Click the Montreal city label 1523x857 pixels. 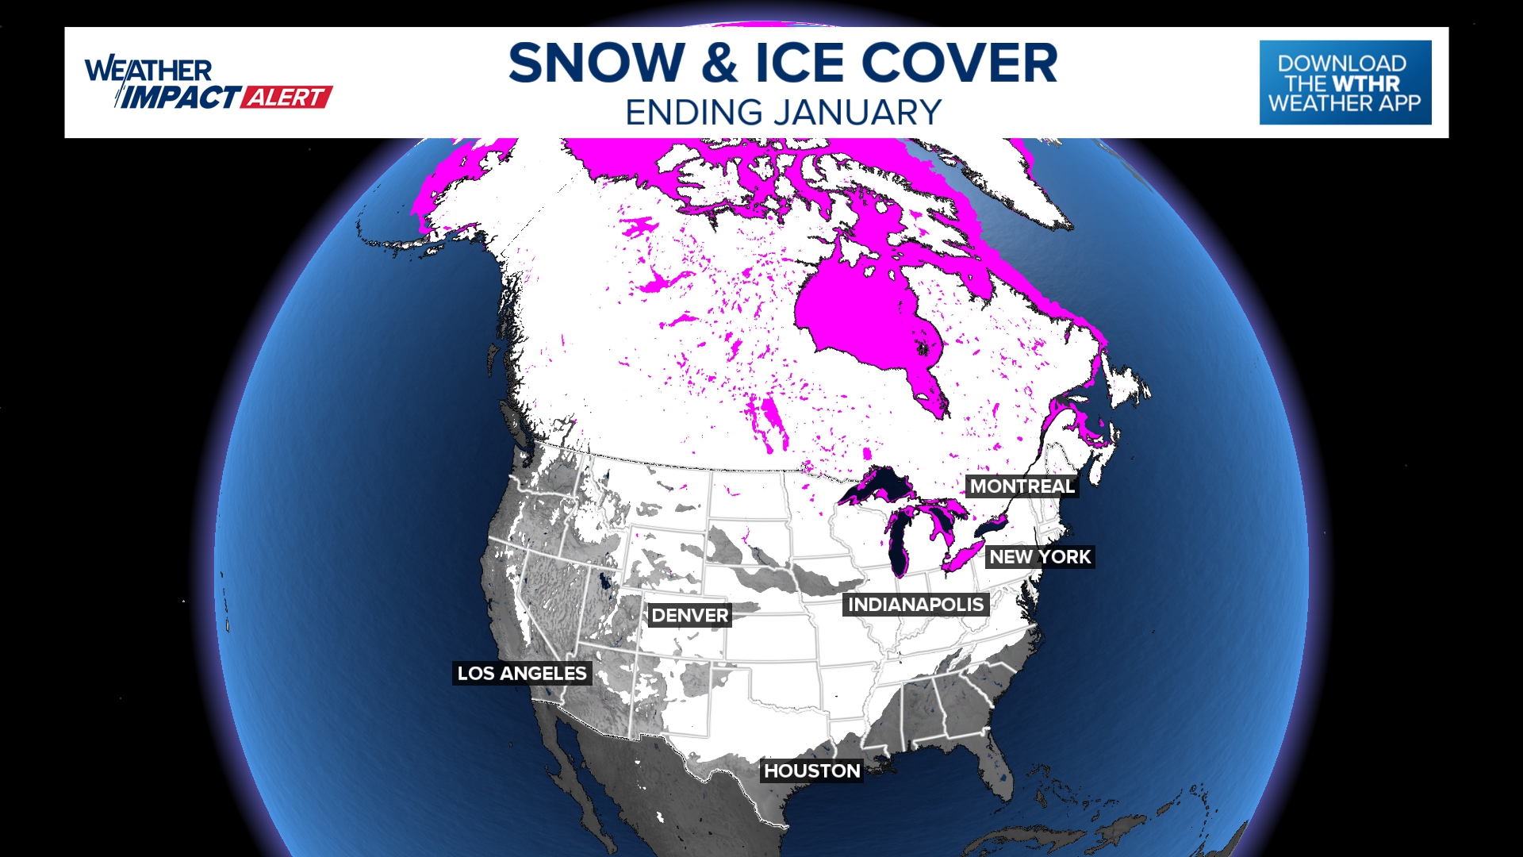tap(1022, 486)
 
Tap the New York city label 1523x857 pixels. tap(1040, 557)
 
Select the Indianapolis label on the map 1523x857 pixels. tap(915, 605)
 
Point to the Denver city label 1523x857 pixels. tap(689, 616)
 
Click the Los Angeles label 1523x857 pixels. tap(522, 674)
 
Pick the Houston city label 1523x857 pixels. tap(811, 771)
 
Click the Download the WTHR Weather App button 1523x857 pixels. tap(1345, 83)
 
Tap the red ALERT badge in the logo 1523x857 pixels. tap(286, 98)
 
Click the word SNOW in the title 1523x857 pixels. tap(597, 63)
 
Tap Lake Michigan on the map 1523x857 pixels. tap(899, 548)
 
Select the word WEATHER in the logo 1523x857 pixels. tap(148, 71)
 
